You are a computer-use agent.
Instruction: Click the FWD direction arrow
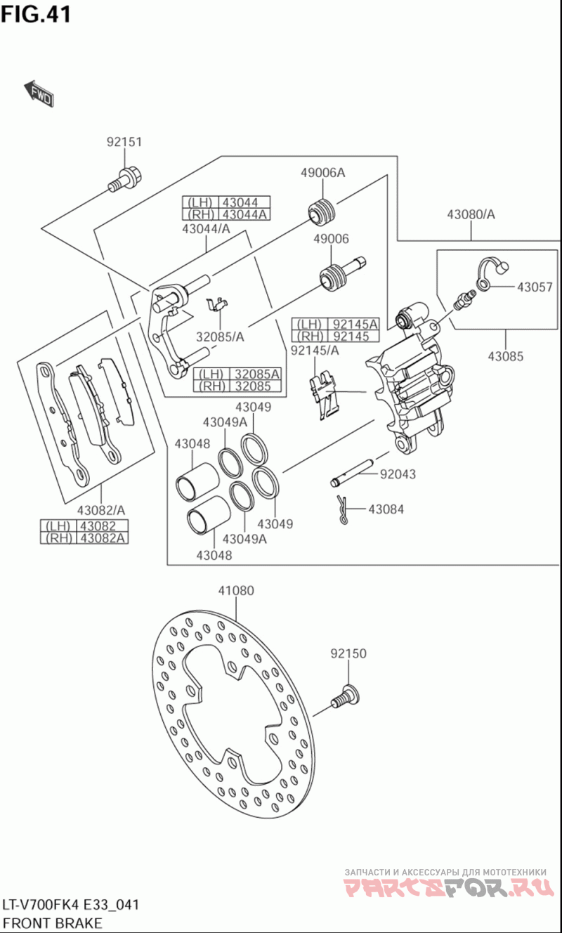(39, 93)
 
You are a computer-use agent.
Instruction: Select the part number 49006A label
(323, 172)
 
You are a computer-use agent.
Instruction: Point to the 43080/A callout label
(471, 214)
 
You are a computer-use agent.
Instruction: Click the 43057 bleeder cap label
(535, 287)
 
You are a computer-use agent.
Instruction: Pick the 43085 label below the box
(505, 356)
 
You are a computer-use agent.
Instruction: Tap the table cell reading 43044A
(244, 214)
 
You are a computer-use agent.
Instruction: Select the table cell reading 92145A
(353, 324)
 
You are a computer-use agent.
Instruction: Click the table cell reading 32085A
(256, 374)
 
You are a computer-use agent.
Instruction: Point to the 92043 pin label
(398, 474)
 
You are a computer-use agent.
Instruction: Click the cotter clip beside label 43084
(342, 509)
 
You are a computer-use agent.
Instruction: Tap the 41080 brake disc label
(236, 590)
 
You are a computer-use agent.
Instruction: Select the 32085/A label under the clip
(220, 337)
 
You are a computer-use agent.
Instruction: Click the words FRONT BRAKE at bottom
(52, 923)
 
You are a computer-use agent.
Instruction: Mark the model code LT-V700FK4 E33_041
(71, 905)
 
